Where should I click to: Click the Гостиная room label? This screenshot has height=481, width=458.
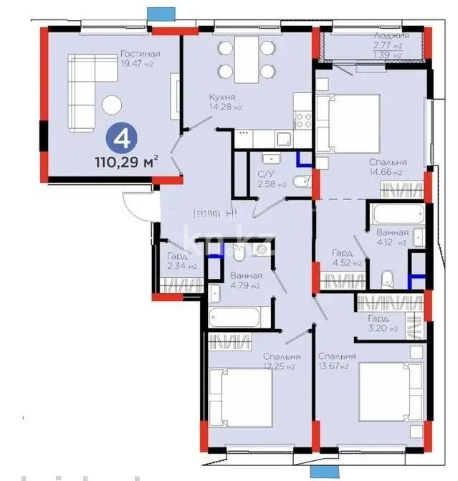140,54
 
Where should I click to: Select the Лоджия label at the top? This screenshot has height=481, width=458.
391,35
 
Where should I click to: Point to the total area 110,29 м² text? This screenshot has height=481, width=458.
126,162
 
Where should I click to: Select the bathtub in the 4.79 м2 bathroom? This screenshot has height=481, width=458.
238,316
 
